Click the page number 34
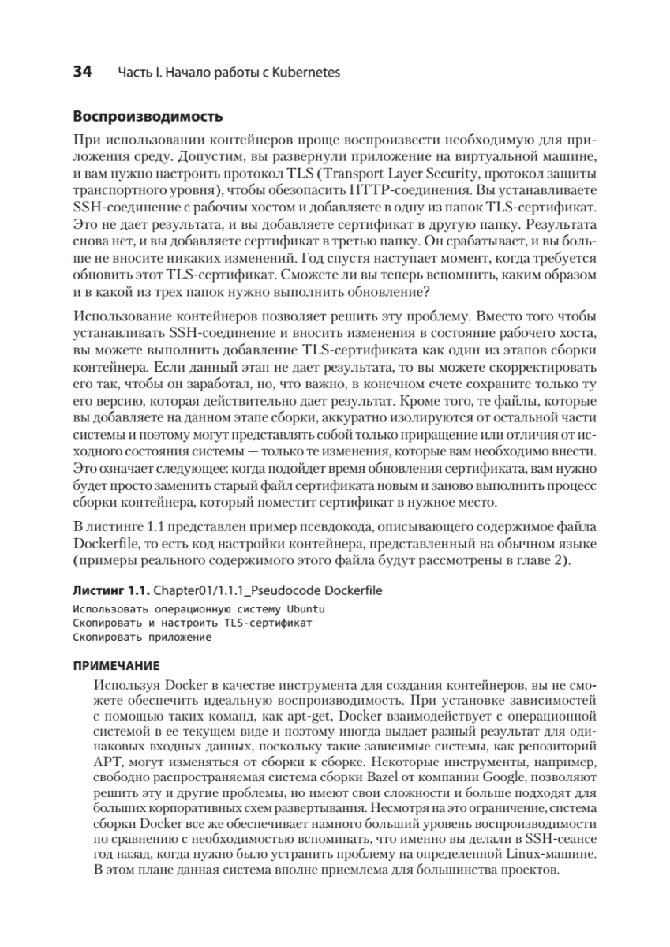[82, 72]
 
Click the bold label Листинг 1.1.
[110, 590]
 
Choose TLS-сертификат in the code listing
[268, 623]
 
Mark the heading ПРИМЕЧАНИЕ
[116, 665]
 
